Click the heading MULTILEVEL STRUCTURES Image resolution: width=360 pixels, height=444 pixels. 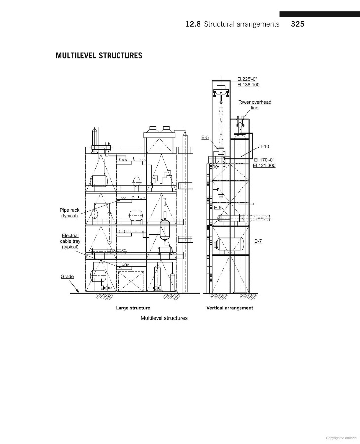click(x=99, y=55)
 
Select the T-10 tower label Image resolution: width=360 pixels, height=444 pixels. click(x=264, y=147)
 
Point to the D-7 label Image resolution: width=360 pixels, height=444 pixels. click(x=258, y=241)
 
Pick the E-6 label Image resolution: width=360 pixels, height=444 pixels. click(x=218, y=207)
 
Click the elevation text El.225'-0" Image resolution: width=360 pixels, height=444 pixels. click(x=248, y=79)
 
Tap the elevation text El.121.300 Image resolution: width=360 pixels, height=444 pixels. click(x=264, y=165)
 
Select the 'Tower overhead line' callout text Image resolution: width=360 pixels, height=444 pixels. click(x=255, y=105)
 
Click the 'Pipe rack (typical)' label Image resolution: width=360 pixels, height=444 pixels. click(x=70, y=213)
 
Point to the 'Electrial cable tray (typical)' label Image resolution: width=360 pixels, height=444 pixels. click(x=70, y=241)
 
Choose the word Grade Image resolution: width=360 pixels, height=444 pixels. click(x=67, y=276)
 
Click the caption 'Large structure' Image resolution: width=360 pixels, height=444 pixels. click(x=133, y=308)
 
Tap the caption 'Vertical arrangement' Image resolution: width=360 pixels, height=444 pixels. click(x=230, y=308)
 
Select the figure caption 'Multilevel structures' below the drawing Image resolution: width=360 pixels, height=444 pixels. click(x=164, y=318)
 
